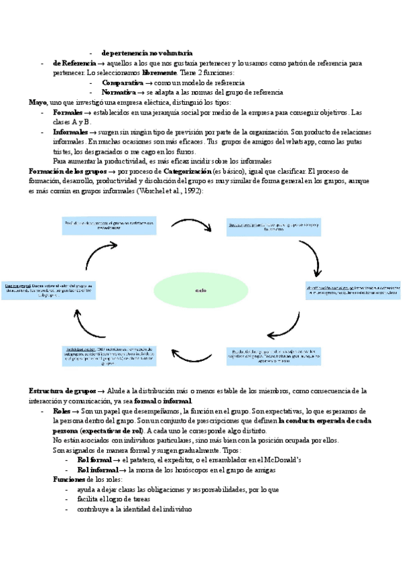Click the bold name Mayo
pos(38,101)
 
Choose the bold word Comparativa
pos(123,82)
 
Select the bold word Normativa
pos(121,92)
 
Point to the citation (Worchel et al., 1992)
pos(170,191)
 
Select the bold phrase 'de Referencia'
pos(74,62)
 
